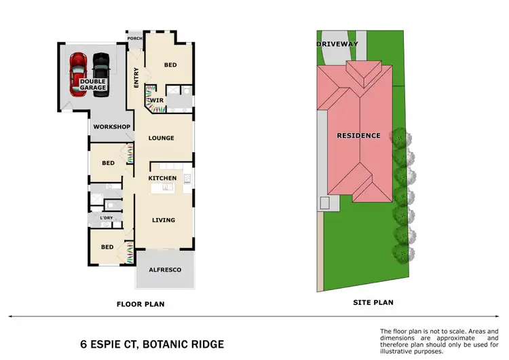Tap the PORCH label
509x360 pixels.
pyautogui.click(x=134, y=39)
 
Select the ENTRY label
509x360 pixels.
pyautogui.click(x=136, y=79)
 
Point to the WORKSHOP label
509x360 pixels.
pyautogui.click(x=111, y=127)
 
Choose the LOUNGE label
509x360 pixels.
pyautogui.click(x=162, y=138)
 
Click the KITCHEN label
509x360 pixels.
pyautogui.click(x=162, y=178)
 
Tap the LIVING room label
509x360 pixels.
pyautogui.click(x=164, y=220)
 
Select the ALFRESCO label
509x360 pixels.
pyautogui.click(x=165, y=270)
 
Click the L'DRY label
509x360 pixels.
pyautogui.click(x=107, y=217)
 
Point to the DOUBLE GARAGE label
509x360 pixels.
pyautogui.click(x=92, y=84)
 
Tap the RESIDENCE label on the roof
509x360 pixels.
pyautogui.click(x=359, y=135)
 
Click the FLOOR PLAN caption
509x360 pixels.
pyautogui.click(x=140, y=304)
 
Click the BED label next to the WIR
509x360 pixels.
pyautogui.click(x=171, y=65)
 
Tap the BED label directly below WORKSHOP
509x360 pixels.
pyautogui.click(x=108, y=163)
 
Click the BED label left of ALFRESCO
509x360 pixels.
pyautogui.click(x=107, y=247)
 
